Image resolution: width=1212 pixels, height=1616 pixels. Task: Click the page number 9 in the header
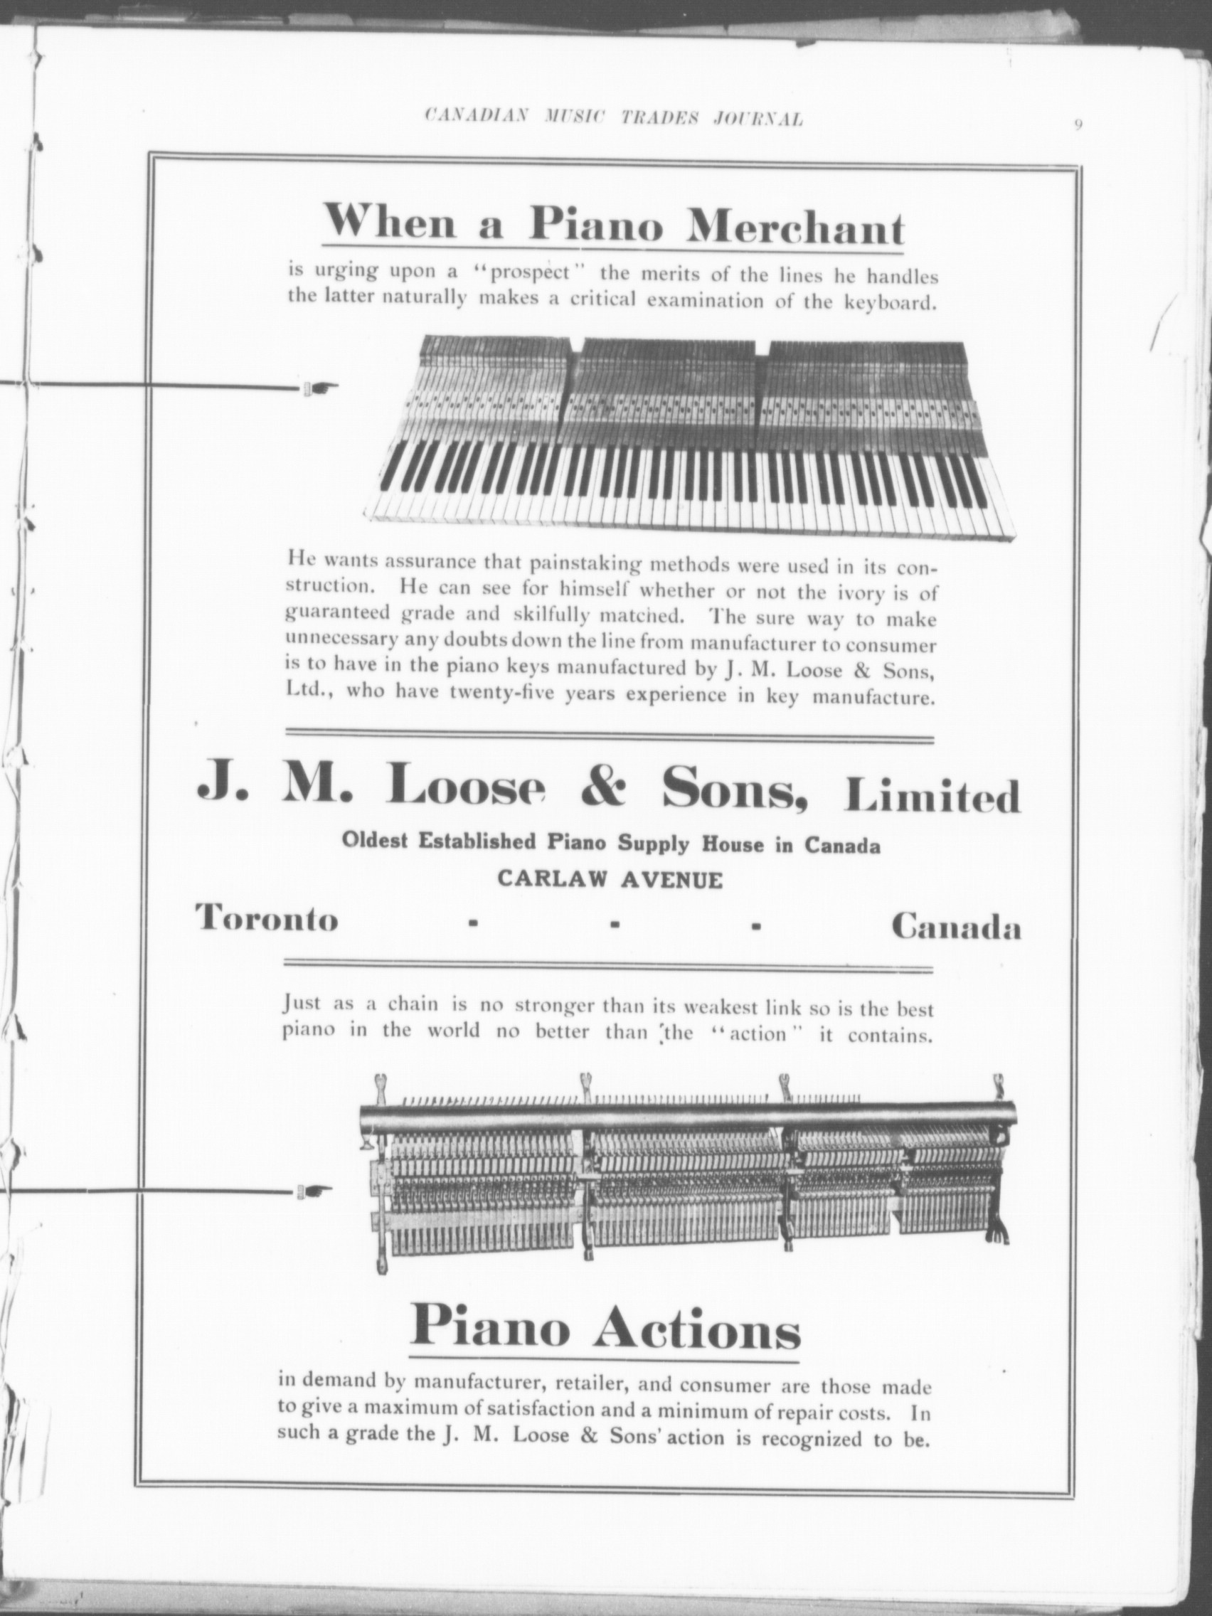(x=1078, y=125)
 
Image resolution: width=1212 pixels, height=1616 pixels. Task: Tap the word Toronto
(x=267, y=918)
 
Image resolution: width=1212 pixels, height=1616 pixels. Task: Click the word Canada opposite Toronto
(x=955, y=927)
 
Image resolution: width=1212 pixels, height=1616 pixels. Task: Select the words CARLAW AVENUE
(x=610, y=880)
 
